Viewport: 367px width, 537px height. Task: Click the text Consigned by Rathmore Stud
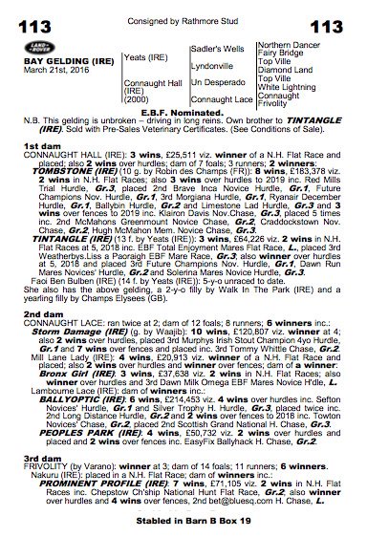coord(183,9)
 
